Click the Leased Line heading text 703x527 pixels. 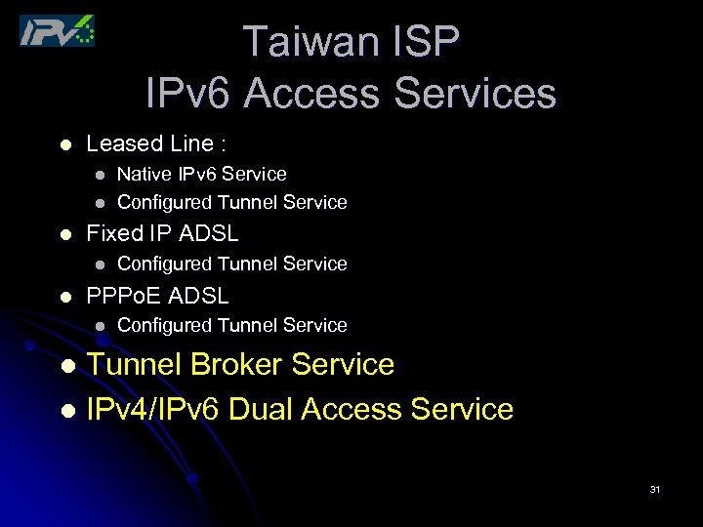click(x=156, y=143)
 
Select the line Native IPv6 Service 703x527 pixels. click(x=201, y=174)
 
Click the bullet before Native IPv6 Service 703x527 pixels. click(x=99, y=175)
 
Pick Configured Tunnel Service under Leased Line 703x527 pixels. click(x=231, y=202)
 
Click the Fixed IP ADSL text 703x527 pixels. click(x=162, y=233)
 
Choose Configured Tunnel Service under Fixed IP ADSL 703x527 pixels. click(x=231, y=263)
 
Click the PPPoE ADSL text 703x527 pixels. click(x=157, y=295)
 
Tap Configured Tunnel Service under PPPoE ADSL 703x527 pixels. click(x=231, y=325)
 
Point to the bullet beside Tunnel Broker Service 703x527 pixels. click(x=66, y=366)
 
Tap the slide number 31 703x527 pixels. click(x=654, y=489)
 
